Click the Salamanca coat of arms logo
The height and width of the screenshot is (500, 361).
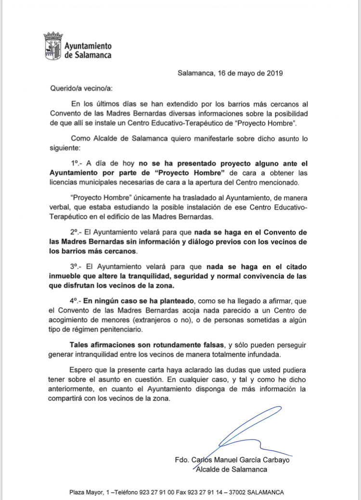(x=52, y=47)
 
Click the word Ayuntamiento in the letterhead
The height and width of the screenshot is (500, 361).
(x=88, y=46)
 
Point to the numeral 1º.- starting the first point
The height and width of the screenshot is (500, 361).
(x=77, y=164)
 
